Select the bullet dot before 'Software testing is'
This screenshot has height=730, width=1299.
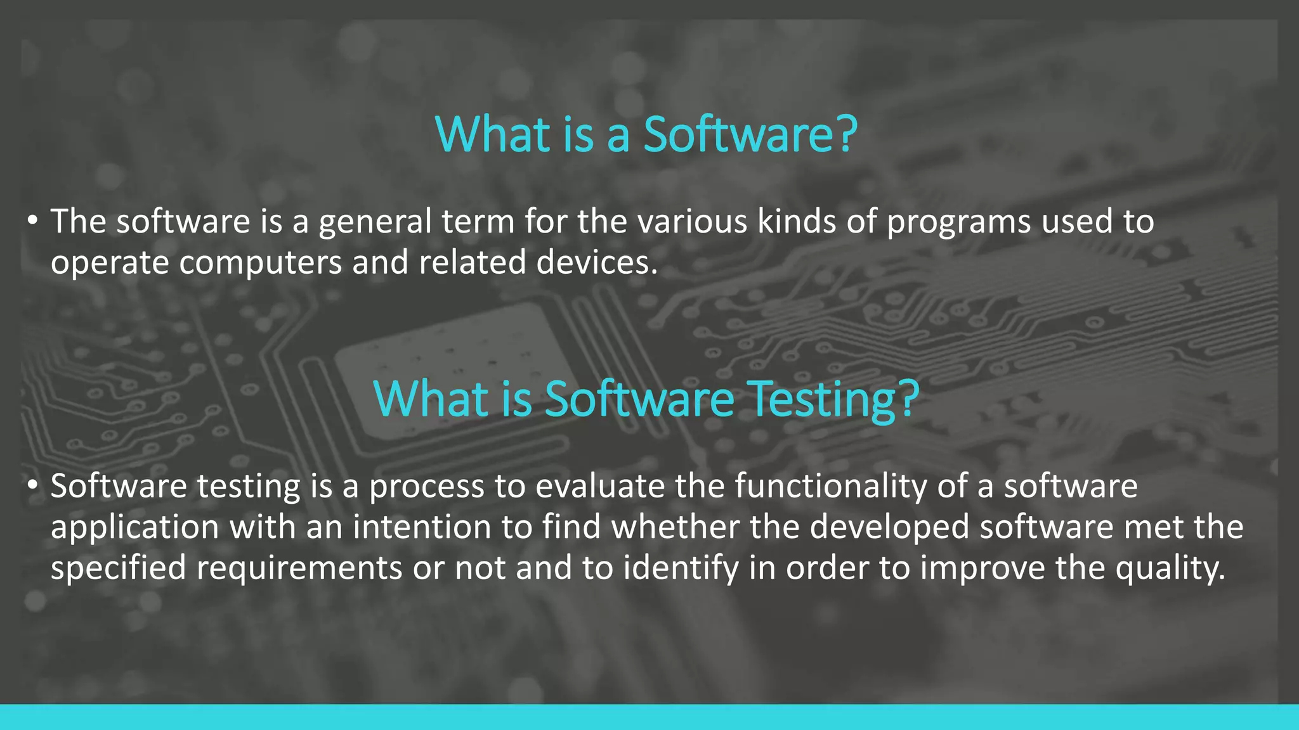(x=33, y=487)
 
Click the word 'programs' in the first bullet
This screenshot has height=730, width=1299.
(x=958, y=223)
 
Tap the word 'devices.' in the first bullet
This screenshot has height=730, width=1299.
(x=597, y=263)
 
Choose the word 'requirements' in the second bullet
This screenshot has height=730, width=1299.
(x=299, y=568)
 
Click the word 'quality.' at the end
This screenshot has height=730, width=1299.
(x=1170, y=568)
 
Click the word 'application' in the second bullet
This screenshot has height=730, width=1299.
(x=134, y=528)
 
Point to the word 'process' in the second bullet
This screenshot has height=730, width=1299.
(x=426, y=488)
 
